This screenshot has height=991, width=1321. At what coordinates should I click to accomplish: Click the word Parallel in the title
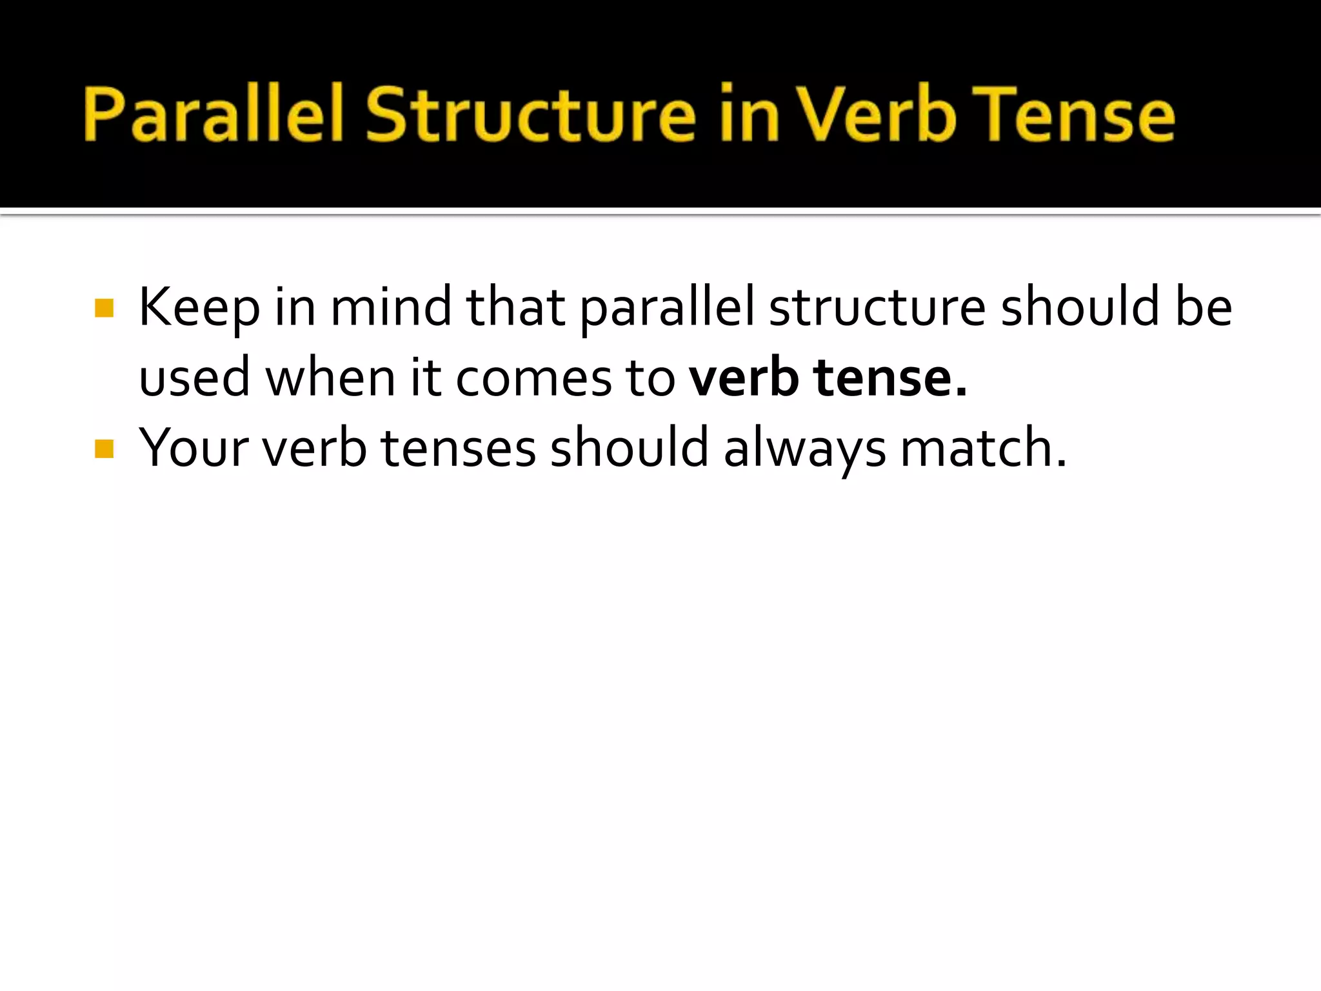tap(212, 114)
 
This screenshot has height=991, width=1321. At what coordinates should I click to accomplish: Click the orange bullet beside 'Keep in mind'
tap(104, 308)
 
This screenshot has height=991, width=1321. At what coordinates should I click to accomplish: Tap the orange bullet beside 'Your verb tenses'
tap(104, 448)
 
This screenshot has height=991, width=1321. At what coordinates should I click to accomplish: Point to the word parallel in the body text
tap(667, 308)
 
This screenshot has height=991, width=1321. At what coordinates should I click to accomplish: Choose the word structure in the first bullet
tap(877, 308)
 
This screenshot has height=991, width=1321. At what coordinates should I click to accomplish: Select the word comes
tap(533, 379)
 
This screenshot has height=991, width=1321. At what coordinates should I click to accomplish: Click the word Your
tap(194, 448)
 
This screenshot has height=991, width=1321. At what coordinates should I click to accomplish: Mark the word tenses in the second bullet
tap(459, 448)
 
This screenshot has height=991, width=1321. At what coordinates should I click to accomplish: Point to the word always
tap(804, 449)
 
